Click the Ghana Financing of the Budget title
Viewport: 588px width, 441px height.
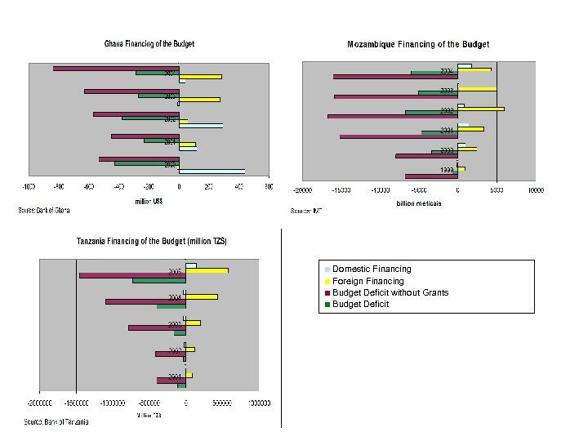pyautogui.click(x=149, y=44)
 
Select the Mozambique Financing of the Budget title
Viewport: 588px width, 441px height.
pyautogui.click(x=418, y=44)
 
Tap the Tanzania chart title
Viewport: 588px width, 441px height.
pyautogui.click(x=152, y=242)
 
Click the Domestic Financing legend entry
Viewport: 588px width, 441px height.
pyautogui.click(x=372, y=269)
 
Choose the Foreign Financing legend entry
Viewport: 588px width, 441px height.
pyautogui.click(x=367, y=281)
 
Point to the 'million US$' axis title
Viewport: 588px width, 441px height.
pyautogui.click(x=149, y=203)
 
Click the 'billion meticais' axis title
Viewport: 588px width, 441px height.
pyautogui.click(x=418, y=203)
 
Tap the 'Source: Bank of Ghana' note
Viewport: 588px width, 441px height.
pyautogui.click(x=44, y=211)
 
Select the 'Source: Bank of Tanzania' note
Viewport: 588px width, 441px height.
pyautogui.click(x=56, y=422)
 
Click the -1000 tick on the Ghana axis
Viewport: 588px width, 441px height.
pyautogui.click(x=28, y=187)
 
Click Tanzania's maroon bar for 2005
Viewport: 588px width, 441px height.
pyautogui.click(x=132, y=275)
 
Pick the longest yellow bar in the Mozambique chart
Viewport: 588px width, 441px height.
pyautogui.click(x=481, y=109)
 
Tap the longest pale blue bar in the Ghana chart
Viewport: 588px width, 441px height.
pyautogui.click(x=212, y=171)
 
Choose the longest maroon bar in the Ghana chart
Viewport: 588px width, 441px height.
pyautogui.click(x=116, y=69)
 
